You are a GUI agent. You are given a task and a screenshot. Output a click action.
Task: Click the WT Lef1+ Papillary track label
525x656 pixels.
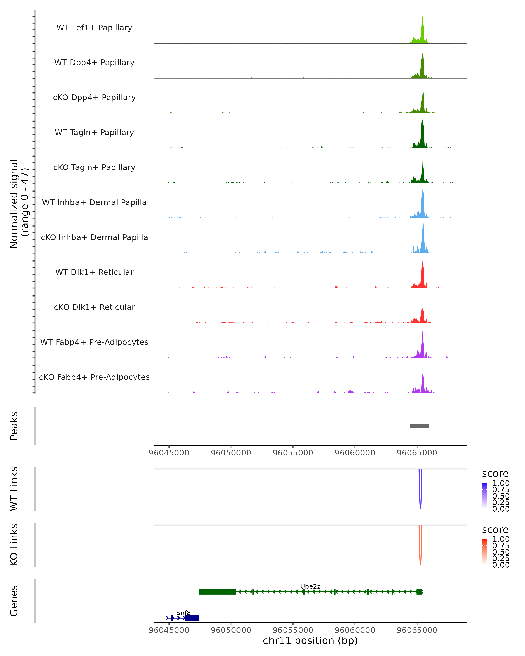coord(94,28)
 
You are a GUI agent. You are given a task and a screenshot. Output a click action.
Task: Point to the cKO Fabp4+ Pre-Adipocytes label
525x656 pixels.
coord(94,377)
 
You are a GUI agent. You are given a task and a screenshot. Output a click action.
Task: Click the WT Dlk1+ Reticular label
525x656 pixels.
coord(94,272)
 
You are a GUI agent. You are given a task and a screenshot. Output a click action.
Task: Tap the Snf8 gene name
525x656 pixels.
coord(183,613)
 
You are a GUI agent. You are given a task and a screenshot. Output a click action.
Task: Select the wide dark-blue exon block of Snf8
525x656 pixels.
coord(192,618)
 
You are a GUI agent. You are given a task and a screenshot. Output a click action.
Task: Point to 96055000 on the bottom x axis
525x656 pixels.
coord(293,630)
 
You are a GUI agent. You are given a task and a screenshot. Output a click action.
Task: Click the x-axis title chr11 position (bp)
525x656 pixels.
coord(310,641)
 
